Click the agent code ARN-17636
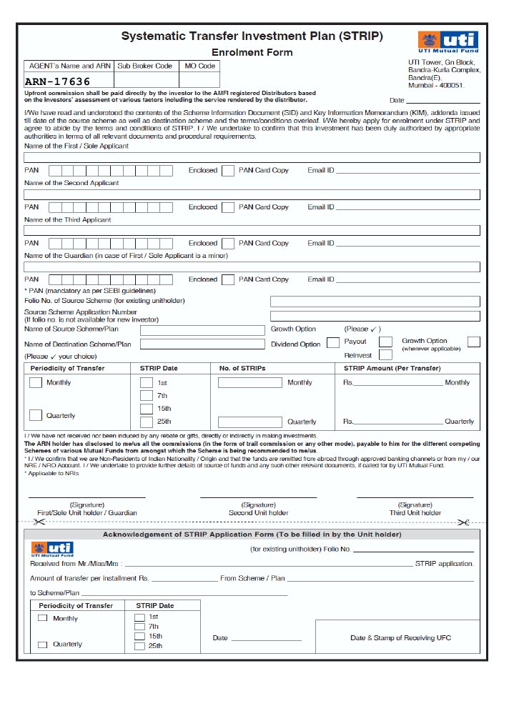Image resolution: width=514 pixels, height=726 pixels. pos(58,81)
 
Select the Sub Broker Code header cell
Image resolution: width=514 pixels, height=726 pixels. pos(144,66)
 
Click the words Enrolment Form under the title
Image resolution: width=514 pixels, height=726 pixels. pos(252,52)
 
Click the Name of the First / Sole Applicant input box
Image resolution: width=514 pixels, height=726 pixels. pos(252,158)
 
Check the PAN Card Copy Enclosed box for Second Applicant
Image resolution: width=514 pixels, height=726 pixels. pos(227,207)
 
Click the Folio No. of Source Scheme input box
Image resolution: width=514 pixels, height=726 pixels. pos(375,302)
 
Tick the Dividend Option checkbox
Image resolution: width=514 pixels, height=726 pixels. pos(332,343)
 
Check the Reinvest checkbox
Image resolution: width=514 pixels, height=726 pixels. pos(385,354)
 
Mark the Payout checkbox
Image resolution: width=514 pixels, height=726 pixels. pos(385,342)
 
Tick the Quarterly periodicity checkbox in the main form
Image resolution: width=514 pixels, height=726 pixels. pos(36,415)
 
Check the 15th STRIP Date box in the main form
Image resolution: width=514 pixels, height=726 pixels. pos(146,409)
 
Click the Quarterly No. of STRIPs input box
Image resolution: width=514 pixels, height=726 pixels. pos(249,422)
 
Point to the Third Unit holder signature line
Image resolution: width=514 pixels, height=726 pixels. pos(415,497)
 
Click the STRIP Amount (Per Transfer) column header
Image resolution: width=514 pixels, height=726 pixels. pos(392,368)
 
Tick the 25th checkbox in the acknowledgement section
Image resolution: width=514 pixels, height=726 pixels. pos(139,646)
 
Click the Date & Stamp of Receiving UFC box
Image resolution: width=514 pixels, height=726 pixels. pos(400,638)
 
